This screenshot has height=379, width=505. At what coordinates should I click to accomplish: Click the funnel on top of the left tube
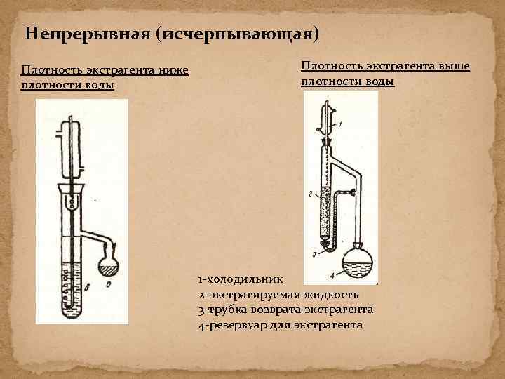(x=72, y=189)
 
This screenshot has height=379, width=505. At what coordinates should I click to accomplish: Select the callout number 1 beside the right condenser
(x=340, y=124)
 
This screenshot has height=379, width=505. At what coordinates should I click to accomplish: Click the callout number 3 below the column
(x=315, y=252)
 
